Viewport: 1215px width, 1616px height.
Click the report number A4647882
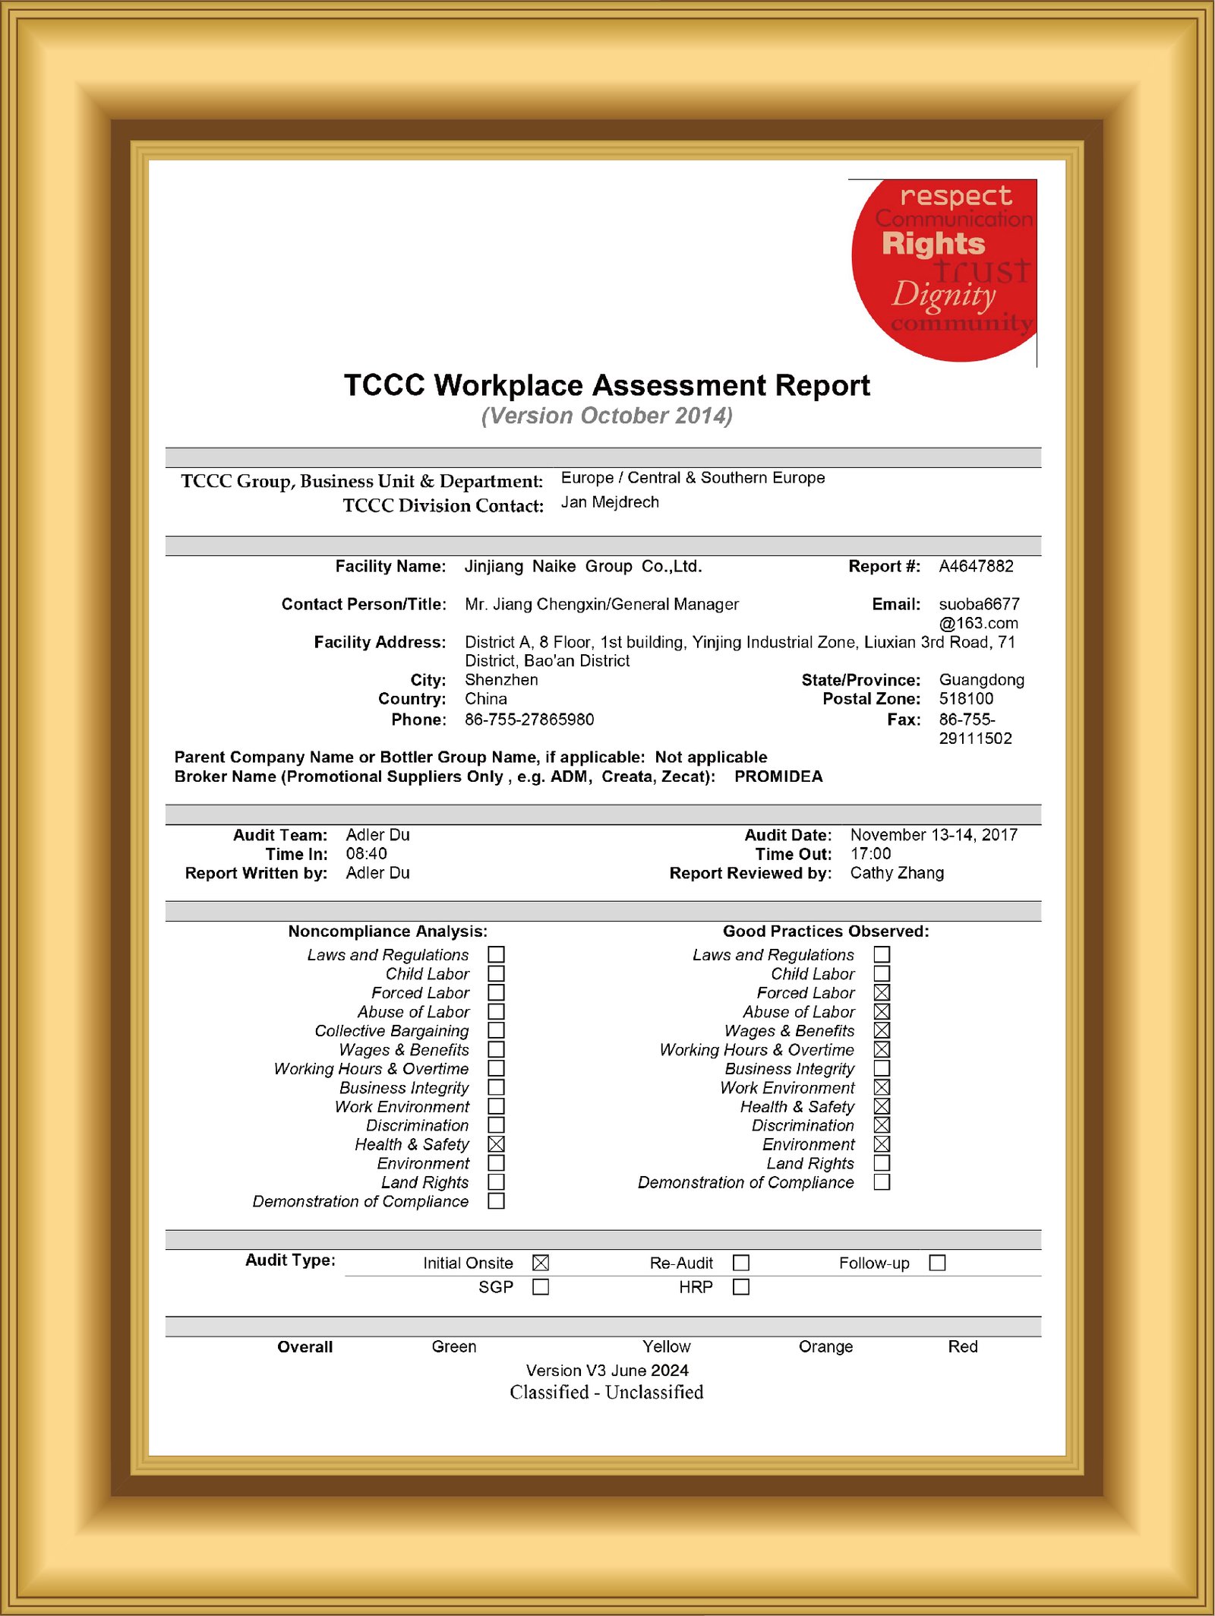(976, 566)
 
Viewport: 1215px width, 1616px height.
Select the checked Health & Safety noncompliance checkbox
(496, 1144)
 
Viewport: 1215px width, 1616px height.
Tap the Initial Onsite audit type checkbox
(541, 1263)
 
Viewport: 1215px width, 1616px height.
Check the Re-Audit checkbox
(741, 1263)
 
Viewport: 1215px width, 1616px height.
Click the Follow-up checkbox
(938, 1263)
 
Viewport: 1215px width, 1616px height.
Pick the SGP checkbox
(541, 1287)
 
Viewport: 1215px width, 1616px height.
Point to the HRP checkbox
(741, 1287)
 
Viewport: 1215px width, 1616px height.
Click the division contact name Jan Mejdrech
(610, 502)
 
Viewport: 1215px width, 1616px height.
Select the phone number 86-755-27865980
(529, 719)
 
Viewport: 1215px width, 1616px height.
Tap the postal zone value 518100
(966, 699)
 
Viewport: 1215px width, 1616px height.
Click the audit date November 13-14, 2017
(933, 835)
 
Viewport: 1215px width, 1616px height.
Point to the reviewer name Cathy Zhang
(897, 873)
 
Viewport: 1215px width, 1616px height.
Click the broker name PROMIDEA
(778, 776)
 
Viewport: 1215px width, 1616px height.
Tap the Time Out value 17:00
(870, 854)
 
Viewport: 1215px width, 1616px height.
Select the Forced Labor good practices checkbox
(882, 993)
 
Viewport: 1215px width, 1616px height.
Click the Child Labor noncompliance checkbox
(496, 974)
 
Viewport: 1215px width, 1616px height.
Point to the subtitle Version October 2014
(607, 416)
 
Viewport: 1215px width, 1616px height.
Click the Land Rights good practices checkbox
(882, 1163)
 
